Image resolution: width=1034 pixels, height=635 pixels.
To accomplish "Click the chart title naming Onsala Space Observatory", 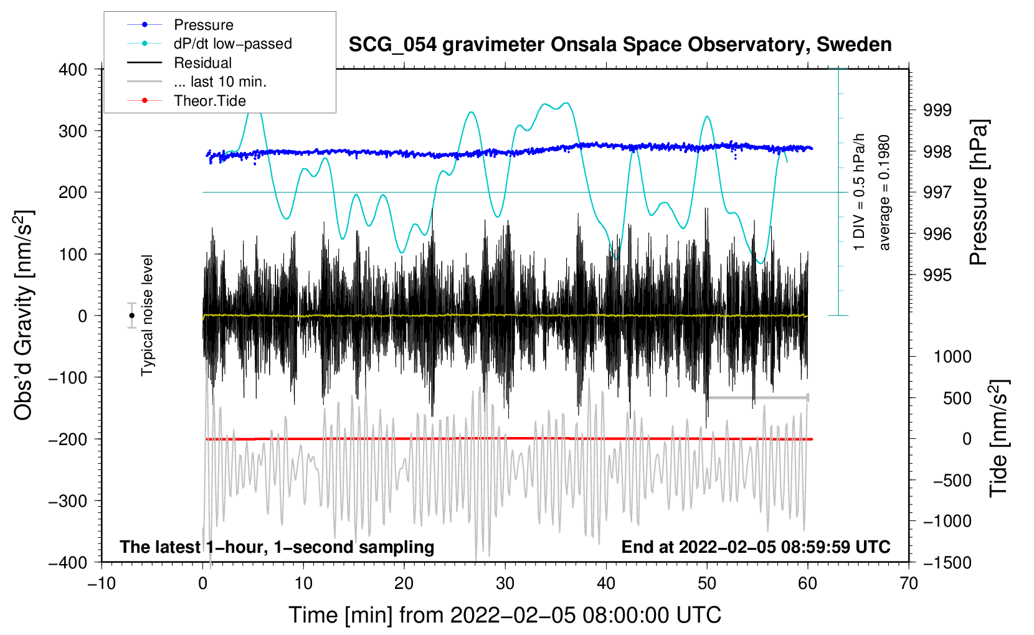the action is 620,45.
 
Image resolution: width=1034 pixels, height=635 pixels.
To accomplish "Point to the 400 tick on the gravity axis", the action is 73,70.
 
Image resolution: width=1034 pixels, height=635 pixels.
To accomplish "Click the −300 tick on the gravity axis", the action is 68,501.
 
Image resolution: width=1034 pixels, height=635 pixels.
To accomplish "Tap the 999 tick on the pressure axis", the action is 937,110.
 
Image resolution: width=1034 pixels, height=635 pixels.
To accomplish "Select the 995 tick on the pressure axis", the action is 937,275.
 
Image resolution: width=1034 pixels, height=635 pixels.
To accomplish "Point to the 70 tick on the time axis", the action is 908,583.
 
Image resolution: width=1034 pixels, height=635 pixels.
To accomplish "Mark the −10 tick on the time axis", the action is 102,583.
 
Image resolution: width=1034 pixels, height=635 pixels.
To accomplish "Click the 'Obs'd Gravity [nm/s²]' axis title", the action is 23,315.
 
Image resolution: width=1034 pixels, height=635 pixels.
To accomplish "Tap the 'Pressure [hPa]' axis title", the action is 978,192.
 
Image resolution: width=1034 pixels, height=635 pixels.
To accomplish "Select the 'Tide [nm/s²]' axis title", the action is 999,439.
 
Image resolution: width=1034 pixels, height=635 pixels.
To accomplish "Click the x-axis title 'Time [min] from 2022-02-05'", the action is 505,615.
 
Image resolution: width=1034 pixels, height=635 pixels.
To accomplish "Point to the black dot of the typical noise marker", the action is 131,316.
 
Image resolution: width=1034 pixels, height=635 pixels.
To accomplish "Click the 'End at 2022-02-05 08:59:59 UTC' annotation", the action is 756,547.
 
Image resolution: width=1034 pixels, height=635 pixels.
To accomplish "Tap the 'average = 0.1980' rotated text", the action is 883,192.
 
